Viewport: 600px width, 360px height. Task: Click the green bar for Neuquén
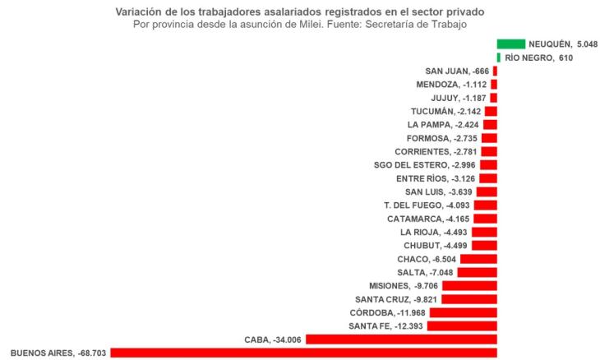[x=511, y=44]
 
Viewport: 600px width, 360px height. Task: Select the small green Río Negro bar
[x=499, y=58]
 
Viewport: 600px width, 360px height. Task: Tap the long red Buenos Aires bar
[x=303, y=353]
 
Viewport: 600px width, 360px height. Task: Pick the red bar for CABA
[x=401, y=339]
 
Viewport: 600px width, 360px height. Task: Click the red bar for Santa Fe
[x=462, y=326]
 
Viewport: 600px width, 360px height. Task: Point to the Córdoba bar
[x=463, y=312]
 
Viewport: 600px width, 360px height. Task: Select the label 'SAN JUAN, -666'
[x=457, y=72]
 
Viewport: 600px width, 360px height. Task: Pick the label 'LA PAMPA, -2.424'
[x=443, y=125]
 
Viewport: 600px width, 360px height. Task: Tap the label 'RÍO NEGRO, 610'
[x=533, y=58]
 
